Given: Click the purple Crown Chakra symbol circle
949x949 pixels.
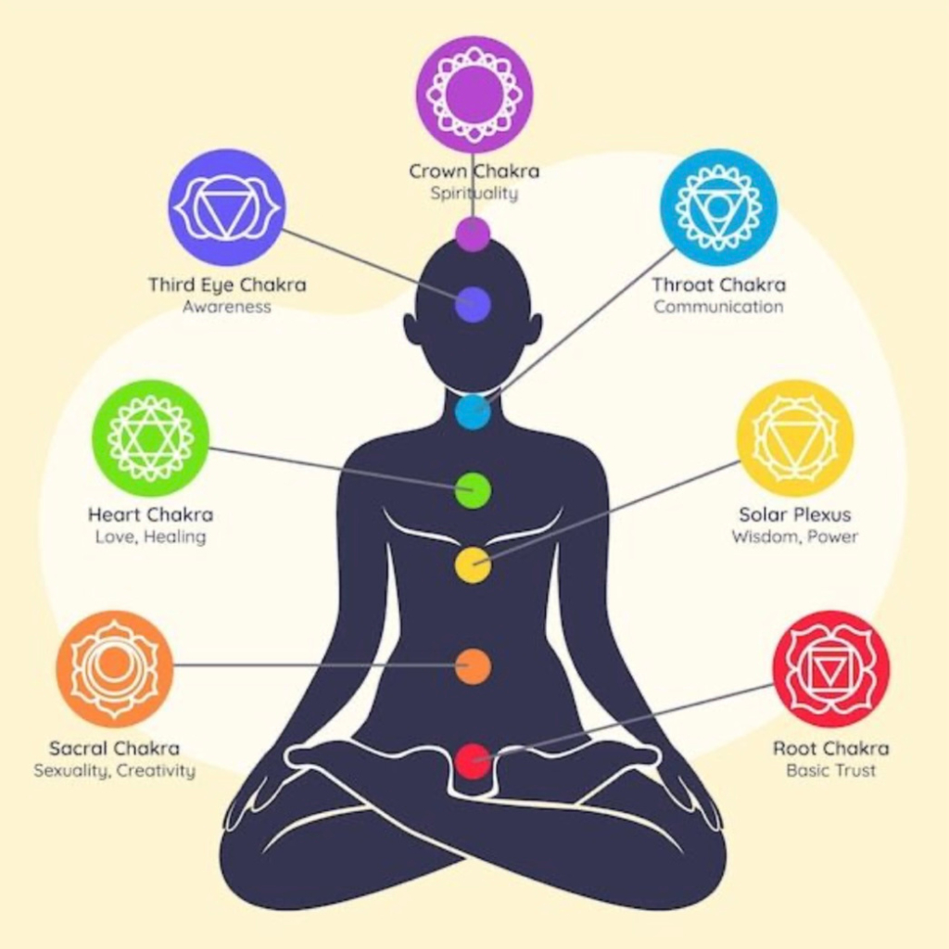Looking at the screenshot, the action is pos(474,94).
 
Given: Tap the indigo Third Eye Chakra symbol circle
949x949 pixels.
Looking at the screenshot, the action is pos(227,207).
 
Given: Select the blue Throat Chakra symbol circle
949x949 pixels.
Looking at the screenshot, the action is pos(718,207).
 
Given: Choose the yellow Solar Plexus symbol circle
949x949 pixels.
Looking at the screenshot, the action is pos(794,437).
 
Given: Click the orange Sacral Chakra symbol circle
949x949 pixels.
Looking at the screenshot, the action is pos(114,668).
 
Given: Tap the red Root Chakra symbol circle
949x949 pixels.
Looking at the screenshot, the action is pos(831,668).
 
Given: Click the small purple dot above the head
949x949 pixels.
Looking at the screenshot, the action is pos(473,234).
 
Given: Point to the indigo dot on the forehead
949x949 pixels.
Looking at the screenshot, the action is pos(473,304).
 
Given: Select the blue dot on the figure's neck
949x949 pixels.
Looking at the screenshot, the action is pos(473,411).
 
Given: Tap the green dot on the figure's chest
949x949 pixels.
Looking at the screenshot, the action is pos(473,490).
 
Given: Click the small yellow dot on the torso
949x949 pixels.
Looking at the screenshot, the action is pos(473,565).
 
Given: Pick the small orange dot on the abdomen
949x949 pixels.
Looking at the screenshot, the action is pos(473,666).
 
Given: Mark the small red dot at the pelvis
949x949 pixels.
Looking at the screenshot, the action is pos(473,761).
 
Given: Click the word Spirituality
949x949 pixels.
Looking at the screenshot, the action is pos(474,194).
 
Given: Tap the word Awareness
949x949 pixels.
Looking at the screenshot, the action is pos(227,306).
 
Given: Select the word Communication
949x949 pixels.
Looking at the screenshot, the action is pos(718,306).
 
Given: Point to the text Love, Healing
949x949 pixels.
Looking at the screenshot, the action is pos(151,537).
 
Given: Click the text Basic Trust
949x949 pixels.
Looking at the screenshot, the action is pos(831,770).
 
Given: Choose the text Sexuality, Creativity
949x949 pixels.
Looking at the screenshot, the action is pos(114,771).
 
